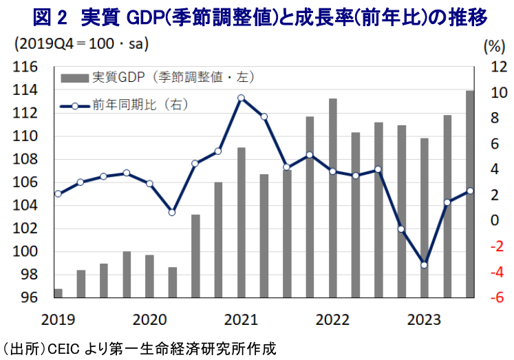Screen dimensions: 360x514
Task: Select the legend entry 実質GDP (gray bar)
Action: (x=127, y=76)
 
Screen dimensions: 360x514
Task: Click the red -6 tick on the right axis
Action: (x=495, y=298)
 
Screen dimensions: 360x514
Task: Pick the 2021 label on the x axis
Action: (x=240, y=320)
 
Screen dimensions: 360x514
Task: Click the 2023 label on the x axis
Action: (x=425, y=320)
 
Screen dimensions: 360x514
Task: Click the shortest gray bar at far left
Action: (x=58, y=293)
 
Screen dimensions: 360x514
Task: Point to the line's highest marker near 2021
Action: (x=242, y=98)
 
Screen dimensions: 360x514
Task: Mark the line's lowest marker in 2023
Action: (x=425, y=264)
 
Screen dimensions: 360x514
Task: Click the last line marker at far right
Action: (x=471, y=191)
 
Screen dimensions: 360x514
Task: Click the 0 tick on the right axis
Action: (x=494, y=221)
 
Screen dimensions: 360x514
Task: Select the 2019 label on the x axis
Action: (x=57, y=320)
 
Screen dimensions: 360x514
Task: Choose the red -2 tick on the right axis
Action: (x=495, y=246)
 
